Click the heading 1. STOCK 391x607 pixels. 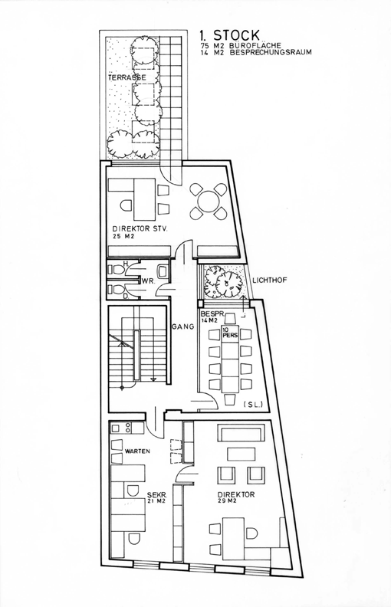(x=229, y=35)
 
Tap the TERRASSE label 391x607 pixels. (x=127, y=77)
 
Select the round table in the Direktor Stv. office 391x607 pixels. (x=208, y=201)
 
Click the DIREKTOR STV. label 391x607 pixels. (x=140, y=229)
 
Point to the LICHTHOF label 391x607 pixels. (x=269, y=280)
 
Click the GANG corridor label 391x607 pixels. (x=182, y=326)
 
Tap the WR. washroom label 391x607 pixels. (x=148, y=281)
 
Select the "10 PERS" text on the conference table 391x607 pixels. (x=227, y=333)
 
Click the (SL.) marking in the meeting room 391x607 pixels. (x=254, y=405)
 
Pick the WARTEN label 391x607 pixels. (x=137, y=451)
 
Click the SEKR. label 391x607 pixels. (x=157, y=494)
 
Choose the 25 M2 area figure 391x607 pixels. (x=123, y=237)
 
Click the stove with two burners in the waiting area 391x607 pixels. (x=121, y=428)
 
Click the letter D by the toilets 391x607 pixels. (x=125, y=297)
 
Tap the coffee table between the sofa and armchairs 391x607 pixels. (x=242, y=453)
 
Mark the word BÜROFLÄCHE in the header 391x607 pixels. (x=255, y=45)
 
